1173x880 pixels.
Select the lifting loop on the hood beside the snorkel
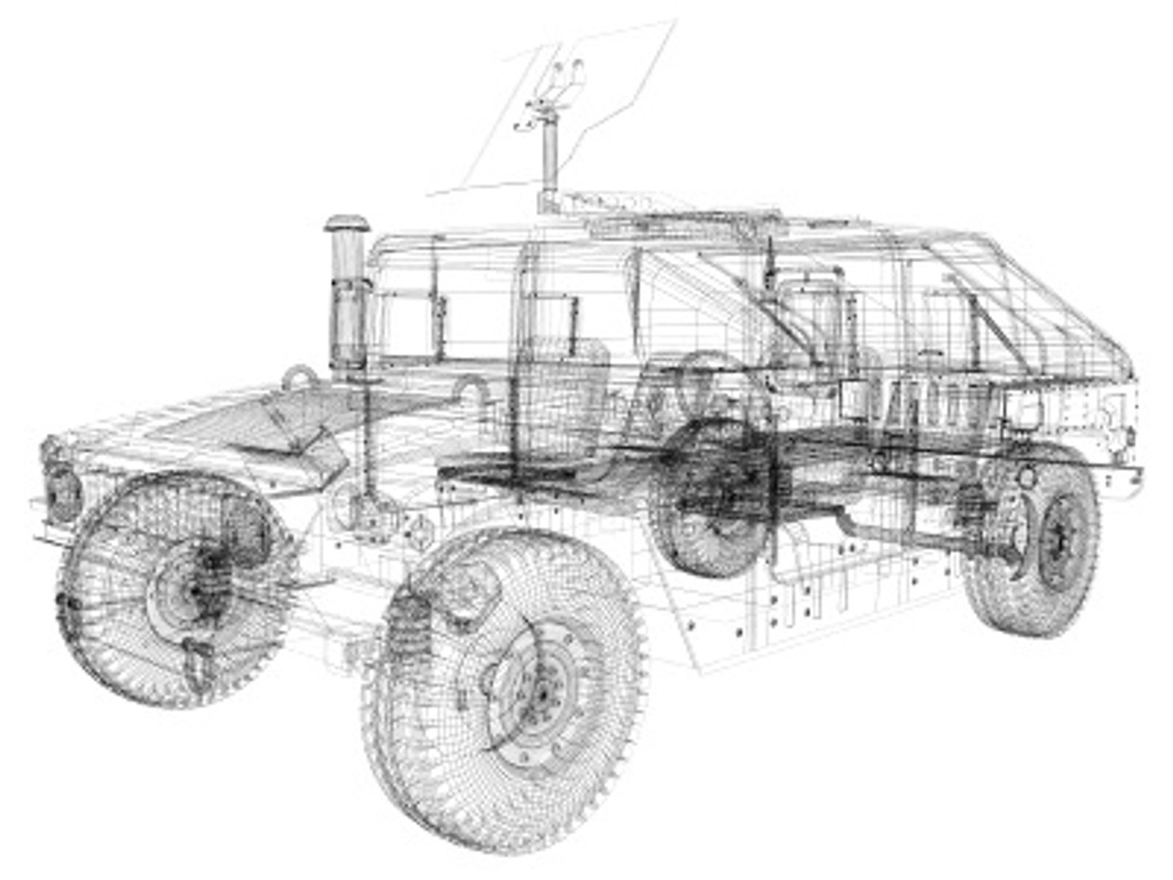click(299, 378)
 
